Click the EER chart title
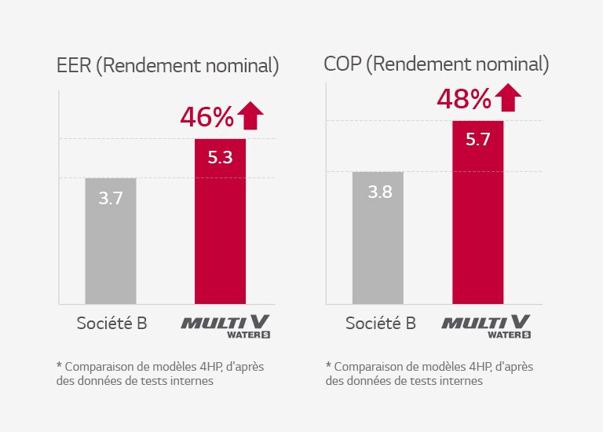point(167,66)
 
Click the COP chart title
point(436,64)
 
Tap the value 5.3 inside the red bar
point(220,158)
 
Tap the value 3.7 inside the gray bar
point(111,199)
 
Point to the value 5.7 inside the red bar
point(477,140)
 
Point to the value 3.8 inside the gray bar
point(378,192)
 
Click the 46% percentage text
point(206,117)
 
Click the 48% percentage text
point(464,99)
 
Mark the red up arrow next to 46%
point(250,115)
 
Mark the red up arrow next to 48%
point(508,97)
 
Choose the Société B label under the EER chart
point(111,323)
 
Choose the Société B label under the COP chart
point(380,323)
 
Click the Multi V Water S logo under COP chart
point(486,325)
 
